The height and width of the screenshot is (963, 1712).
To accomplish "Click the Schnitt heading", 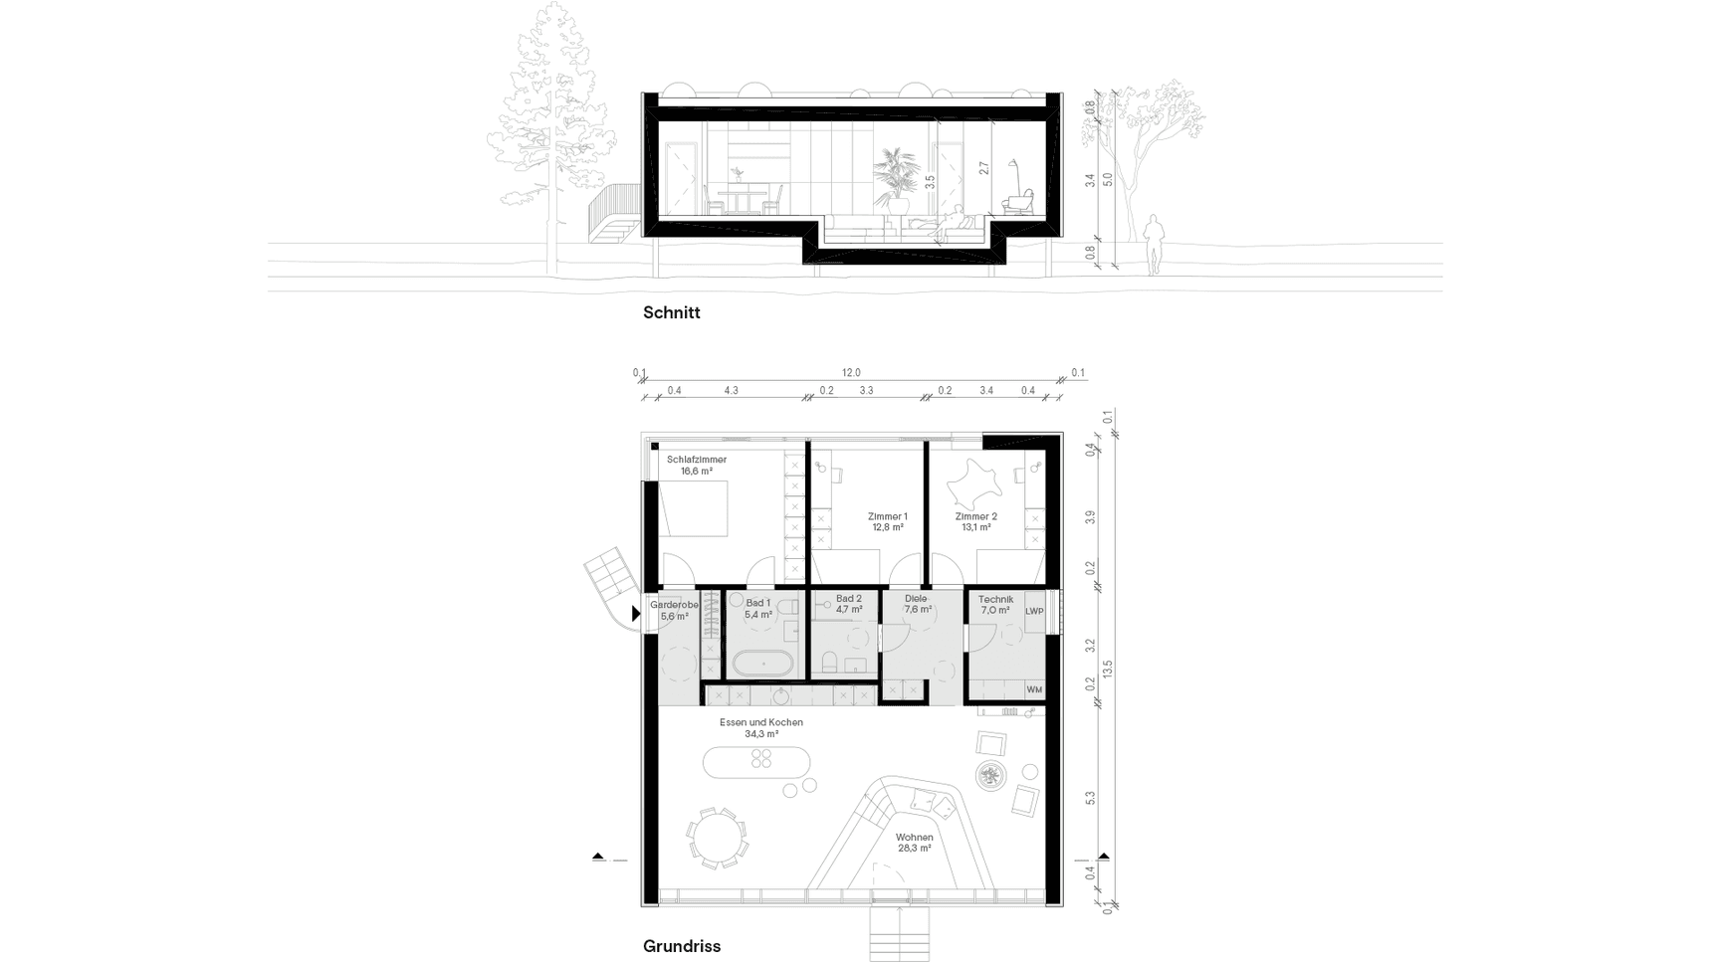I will pos(671,312).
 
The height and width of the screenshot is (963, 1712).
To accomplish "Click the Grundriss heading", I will pos(681,946).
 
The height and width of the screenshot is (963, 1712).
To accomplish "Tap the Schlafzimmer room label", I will pos(697,466).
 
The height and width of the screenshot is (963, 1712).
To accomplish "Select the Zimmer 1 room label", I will pos(887,521).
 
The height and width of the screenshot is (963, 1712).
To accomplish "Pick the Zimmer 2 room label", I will pos(975,521).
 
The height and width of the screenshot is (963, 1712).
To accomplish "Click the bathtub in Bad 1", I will pos(763,663).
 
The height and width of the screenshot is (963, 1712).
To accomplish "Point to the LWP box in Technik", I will pos(1034,611).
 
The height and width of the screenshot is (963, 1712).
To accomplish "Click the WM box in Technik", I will pos(1034,689).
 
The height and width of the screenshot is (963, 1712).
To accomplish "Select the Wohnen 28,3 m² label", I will pos(914,843).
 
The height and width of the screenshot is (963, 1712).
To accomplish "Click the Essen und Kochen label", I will pos(760,728).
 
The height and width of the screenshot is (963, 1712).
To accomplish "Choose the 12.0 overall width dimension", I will pos(851,372).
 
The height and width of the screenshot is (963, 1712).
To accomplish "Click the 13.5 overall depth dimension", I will pos(1107,669).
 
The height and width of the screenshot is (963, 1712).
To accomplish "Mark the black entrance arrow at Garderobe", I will pos(637,615).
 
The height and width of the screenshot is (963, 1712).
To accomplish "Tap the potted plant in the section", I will pos(896,179).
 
